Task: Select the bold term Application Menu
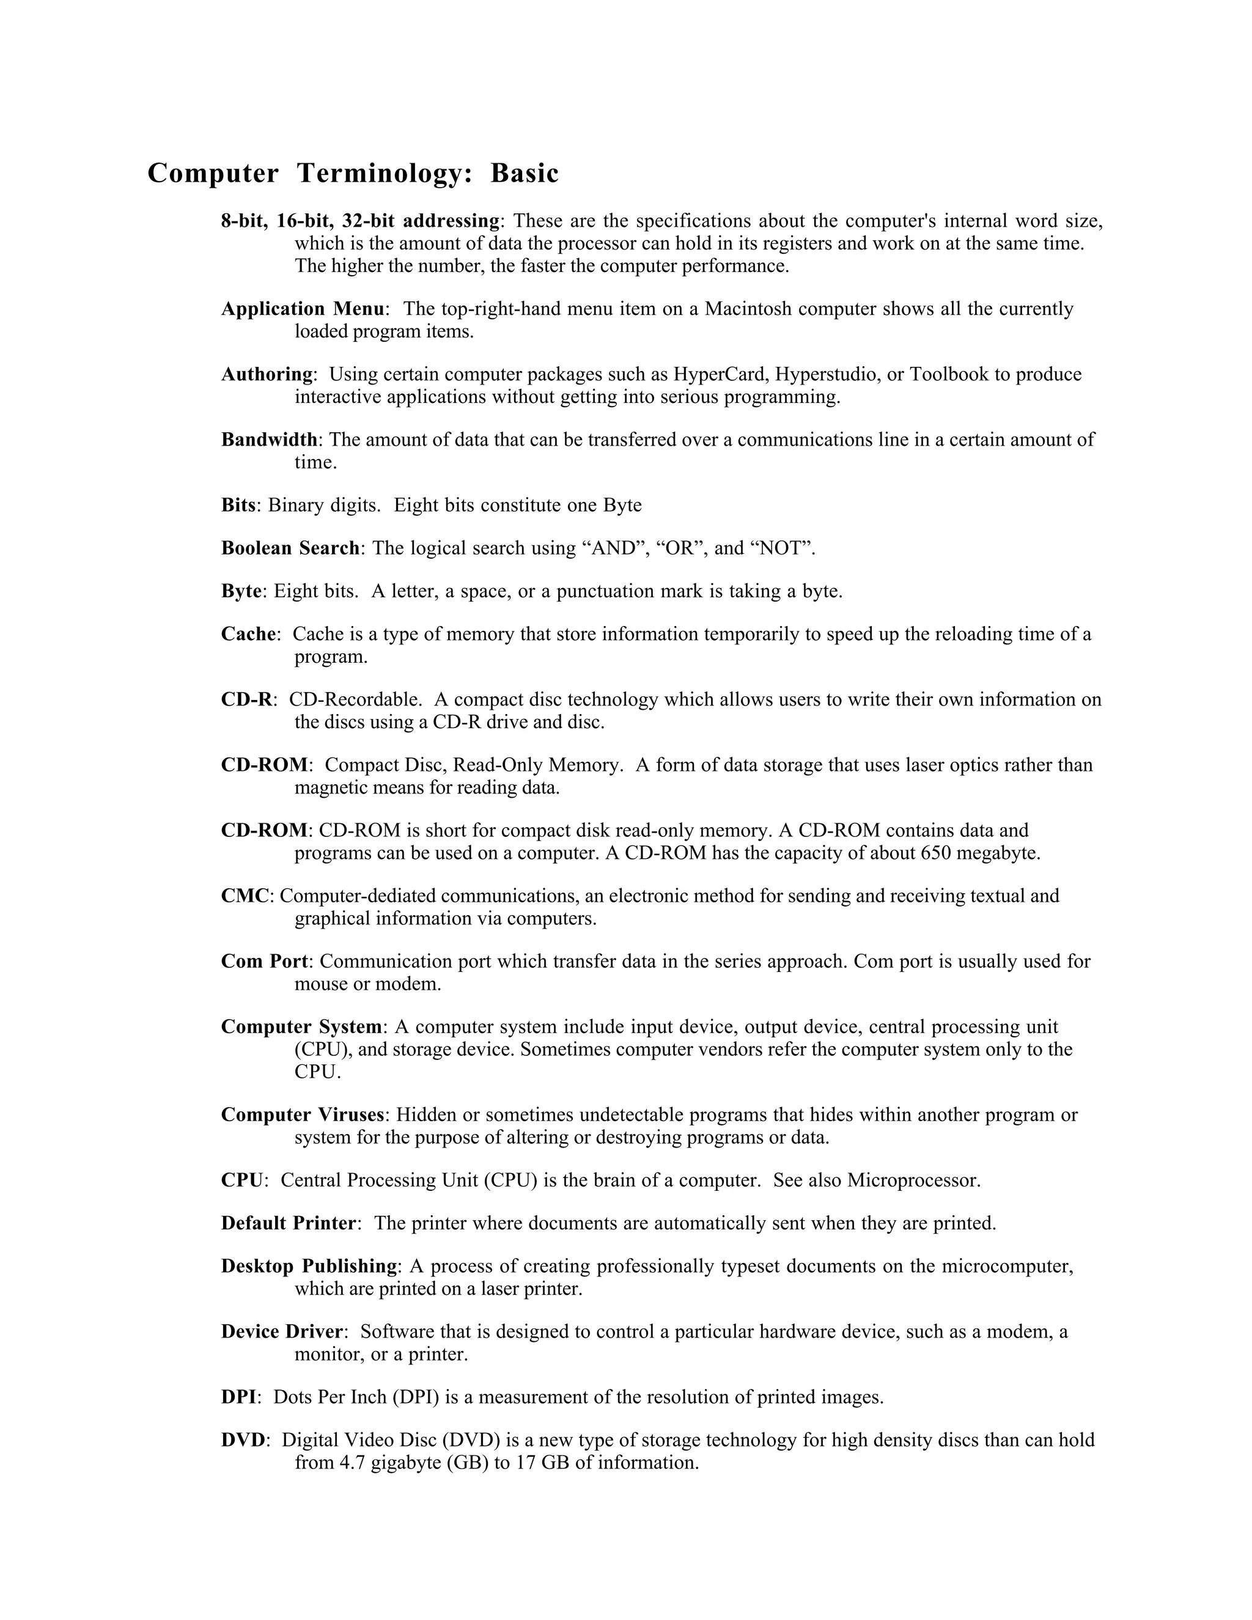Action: pyautogui.click(x=303, y=309)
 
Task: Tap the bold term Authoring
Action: pyautogui.click(x=267, y=375)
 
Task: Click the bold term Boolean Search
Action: pyautogui.click(x=290, y=548)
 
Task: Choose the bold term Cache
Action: pyautogui.click(x=248, y=634)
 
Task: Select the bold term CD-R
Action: pyautogui.click(x=246, y=699)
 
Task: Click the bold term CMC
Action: pyautogui.click(x=245, y=896)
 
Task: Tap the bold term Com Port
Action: pyautogui.click(x=264, y=962)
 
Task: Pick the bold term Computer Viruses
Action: pyautogui.click(x=303, y=1115)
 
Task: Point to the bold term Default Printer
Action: pyautogui.click(x=289, y=1223)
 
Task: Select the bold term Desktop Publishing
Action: pyautogui.click(x=309, y=1266)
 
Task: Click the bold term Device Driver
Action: pyautogui.click(x=282, y=1331)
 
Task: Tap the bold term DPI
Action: pyautogui.click(x=238, y=1397)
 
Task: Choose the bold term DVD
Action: pyautogui.click(x=243, y=1440)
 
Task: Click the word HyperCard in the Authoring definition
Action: pyautogui.click(x=720, y=375)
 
